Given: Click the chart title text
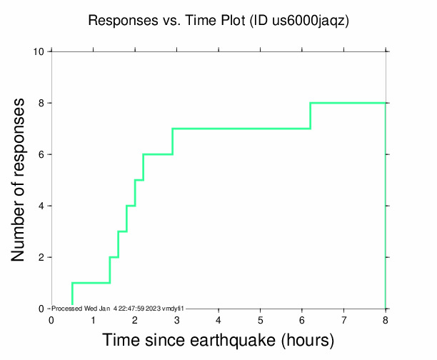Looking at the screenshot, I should [x=218, y=21].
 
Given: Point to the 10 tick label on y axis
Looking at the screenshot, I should [x=39, y=51].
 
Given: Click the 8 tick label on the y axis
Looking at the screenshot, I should [x=42, y=103].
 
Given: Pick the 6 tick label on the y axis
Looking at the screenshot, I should [x=42, y=154].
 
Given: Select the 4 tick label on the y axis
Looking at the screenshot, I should [x=42, y=206].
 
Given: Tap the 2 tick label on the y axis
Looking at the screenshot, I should [x=42, y=257].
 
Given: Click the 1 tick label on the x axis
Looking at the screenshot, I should [x=93, y=319].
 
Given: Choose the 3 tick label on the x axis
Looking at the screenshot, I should [x=176, y=319].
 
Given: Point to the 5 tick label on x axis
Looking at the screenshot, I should [x=260, y=319].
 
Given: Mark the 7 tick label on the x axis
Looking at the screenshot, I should [x=344, y=319].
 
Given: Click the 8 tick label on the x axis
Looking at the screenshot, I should [x=386, y=319].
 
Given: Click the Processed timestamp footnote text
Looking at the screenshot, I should [x=119, y=309].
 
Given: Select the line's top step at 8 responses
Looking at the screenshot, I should [x=348, y=103].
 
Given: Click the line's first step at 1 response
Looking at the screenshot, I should [x=91, y=283].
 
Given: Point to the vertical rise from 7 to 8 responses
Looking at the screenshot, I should [x=310, y=116].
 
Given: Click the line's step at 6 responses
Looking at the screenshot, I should [x=158, y=154].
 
